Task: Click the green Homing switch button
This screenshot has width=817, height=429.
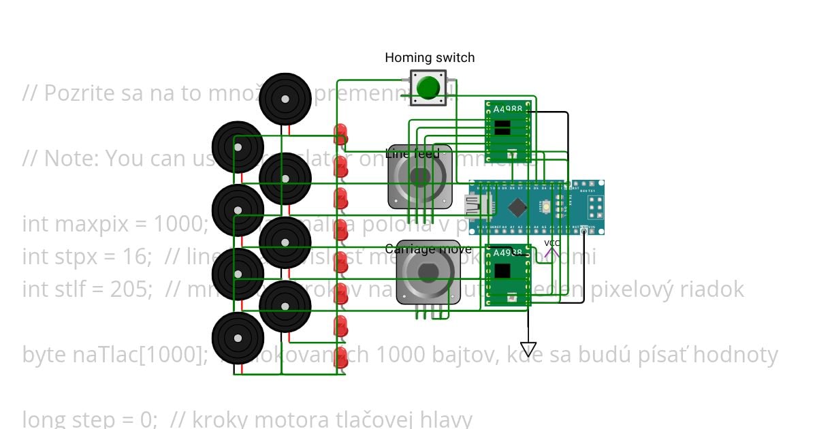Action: click(428, 87)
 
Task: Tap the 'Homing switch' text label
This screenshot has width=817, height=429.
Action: click(430, 58)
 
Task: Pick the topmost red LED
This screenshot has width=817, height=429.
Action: click(341, 131)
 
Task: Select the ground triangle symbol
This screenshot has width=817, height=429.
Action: click(528, 349)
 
